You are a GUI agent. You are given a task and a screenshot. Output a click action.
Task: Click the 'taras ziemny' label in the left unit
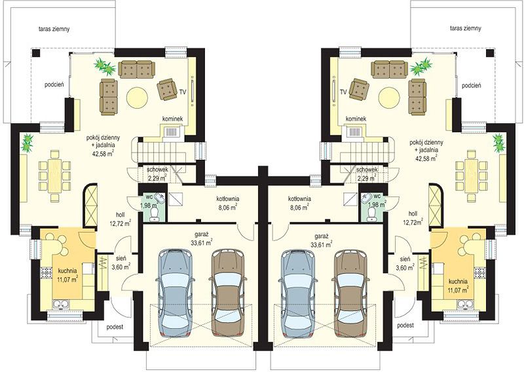[x=54, y=29]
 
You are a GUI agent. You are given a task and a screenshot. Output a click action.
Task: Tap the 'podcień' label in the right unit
[x=472, y=86]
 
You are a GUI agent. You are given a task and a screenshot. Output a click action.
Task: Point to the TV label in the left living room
[x=183, y=91]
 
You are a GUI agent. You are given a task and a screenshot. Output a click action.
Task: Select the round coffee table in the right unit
[x=389, y=98]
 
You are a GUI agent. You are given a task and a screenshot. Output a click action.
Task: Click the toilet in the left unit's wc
[x=155, y=214]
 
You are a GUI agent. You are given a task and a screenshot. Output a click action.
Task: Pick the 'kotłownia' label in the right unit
[x=300, y=199]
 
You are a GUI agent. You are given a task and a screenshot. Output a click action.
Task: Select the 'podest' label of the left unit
[x=115, y=327]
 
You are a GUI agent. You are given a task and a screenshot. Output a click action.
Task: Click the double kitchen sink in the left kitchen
[x=60, y=304]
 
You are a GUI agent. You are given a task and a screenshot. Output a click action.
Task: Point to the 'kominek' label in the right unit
[x=356, y=119]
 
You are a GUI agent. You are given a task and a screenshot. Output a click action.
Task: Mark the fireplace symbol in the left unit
[x=172, y=132]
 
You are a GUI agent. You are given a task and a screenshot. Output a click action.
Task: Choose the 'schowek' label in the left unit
[x=157, y=170]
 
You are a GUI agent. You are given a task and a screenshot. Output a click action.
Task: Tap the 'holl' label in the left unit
[x=121, y=214]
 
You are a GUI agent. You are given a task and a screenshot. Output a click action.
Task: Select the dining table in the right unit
[x=472, y=176]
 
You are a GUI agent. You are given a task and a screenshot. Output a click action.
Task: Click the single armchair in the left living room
[x=167, y=89]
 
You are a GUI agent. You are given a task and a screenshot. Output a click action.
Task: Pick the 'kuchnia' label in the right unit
[x=458, y=282]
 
